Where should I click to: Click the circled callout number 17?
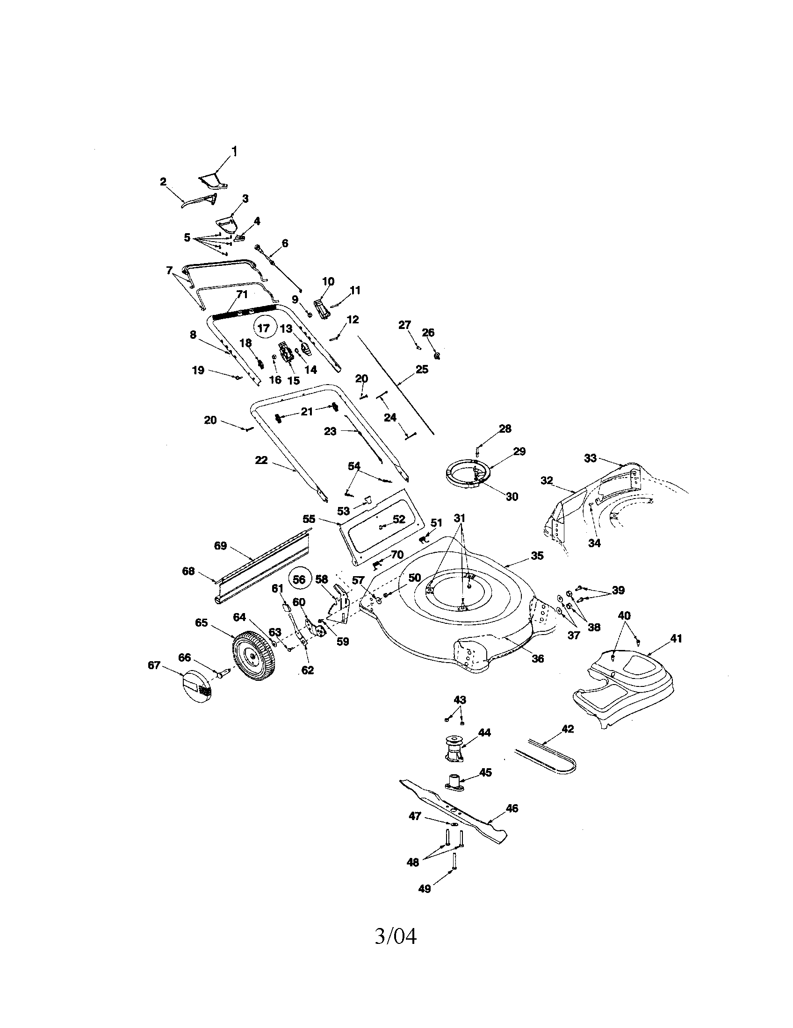pos(264,328)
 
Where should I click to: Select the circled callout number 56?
pos(300,580)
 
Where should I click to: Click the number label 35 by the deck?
pos(537,556)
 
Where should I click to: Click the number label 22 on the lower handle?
pos(261,460)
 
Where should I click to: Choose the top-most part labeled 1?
pos(213,181)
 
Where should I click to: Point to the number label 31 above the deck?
pos(460,518)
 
